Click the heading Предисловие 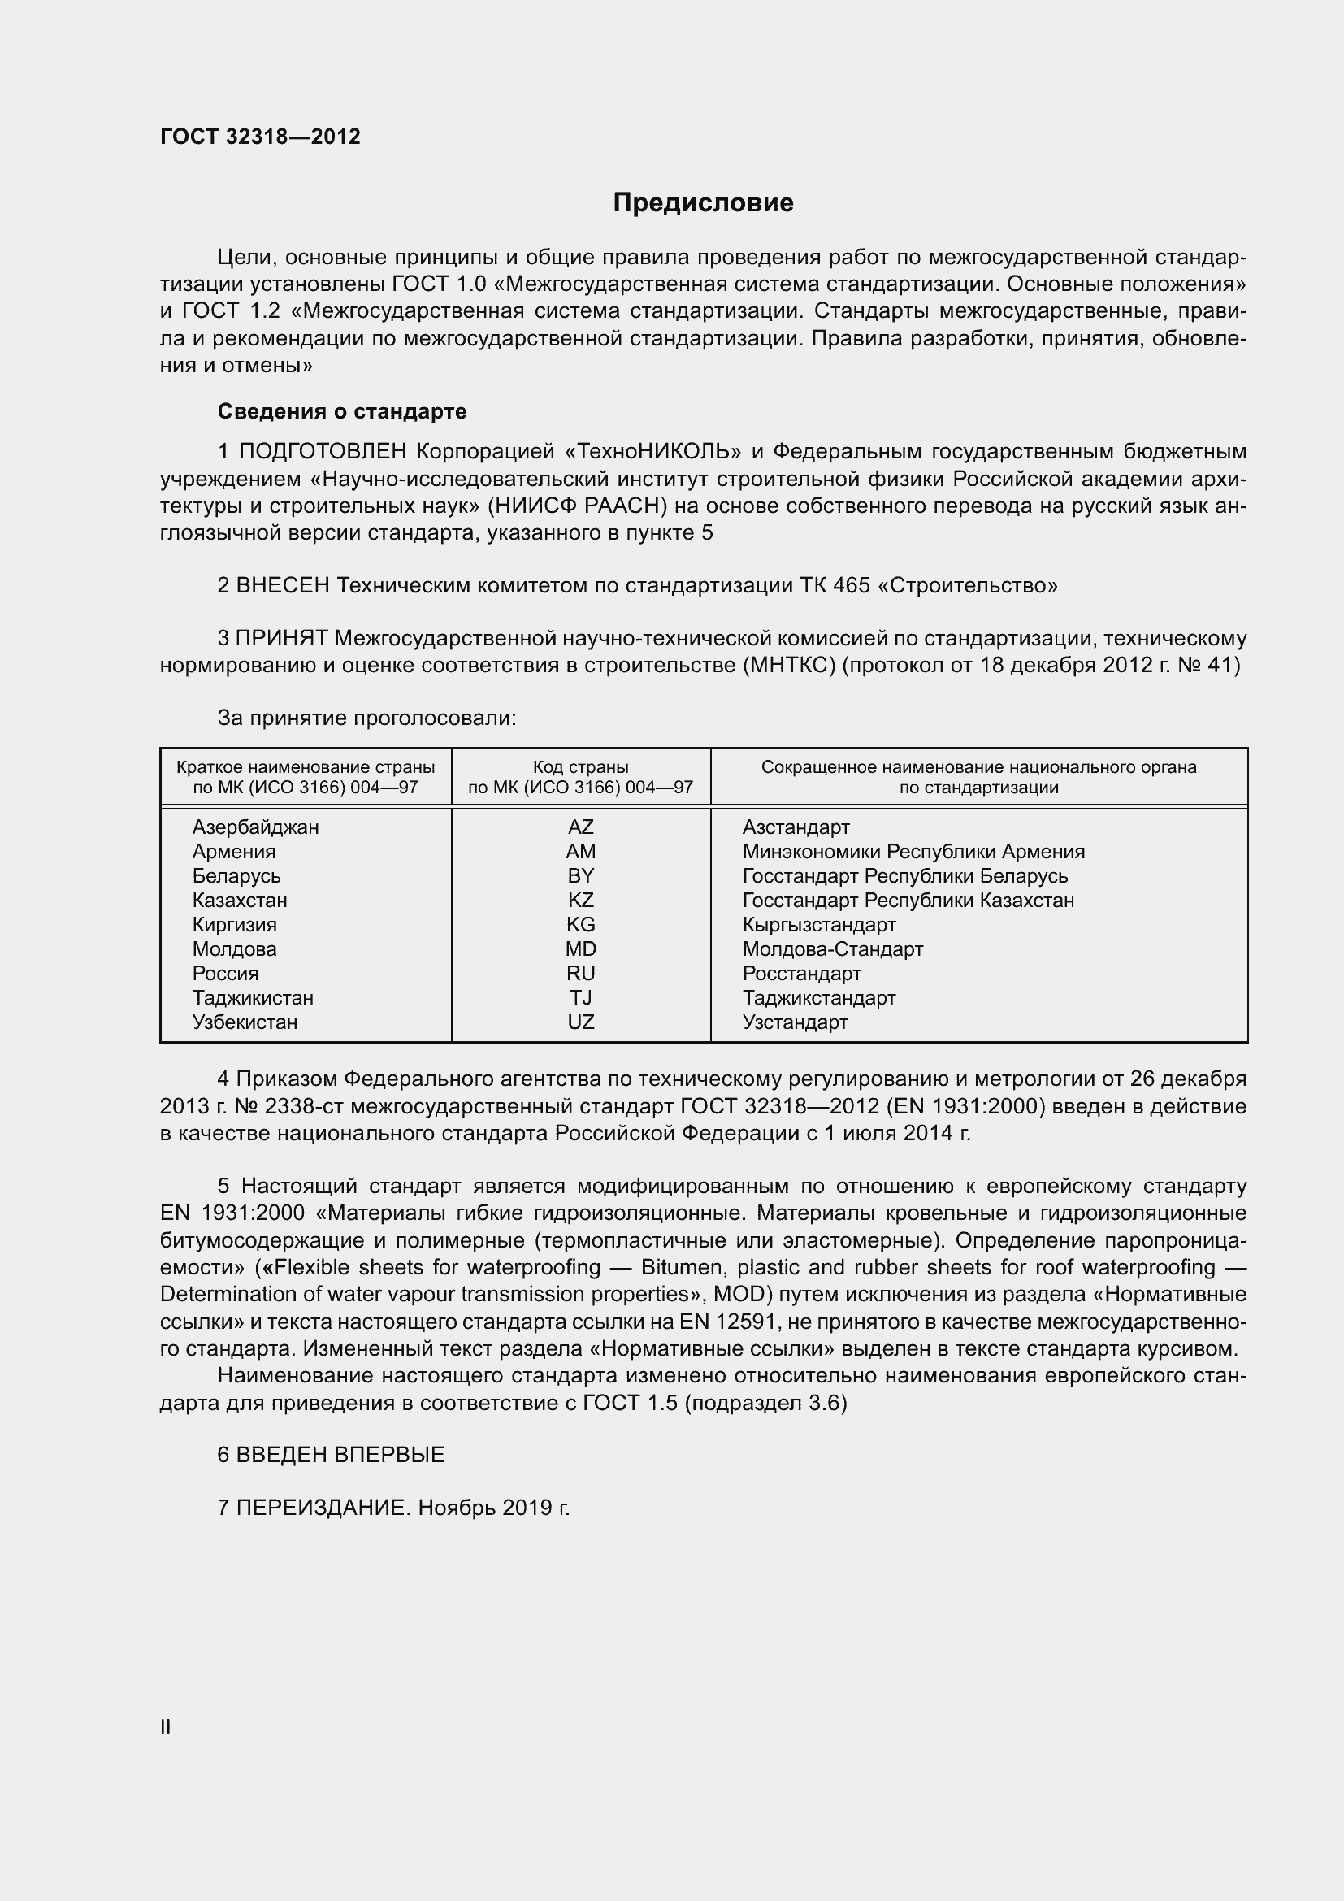(703, 203)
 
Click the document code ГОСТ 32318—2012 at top (260, 137)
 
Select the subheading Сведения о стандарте (342, 411)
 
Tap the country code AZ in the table (580, 827)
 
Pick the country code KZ (580, 900)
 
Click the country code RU (580, 973)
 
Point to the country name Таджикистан (253, 998)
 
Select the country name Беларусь (236, 876)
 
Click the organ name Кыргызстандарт (818, 925)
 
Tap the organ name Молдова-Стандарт (832, 948)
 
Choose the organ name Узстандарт (795, 1022)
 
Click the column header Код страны (580, 767)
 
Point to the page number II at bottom (166, 1727)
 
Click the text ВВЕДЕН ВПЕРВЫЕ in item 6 (340, 1455)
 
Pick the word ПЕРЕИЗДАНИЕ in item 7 (323, 1508)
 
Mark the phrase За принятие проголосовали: (366, 718)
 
